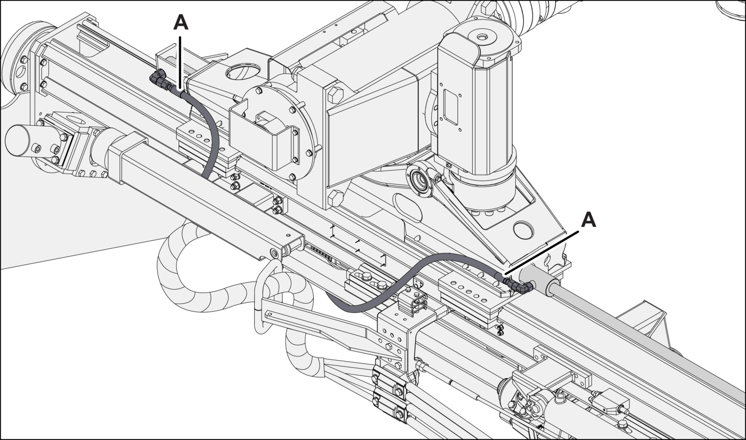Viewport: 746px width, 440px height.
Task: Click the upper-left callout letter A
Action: [x=181, y=23]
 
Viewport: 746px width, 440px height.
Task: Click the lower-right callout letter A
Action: [x=588, y=220]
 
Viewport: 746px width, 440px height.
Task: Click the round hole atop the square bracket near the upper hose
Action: [x=242, y=71]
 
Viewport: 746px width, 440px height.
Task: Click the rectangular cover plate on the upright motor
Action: [x=451, y=107]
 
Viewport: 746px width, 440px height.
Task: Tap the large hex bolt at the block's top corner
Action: [x=335, y=95]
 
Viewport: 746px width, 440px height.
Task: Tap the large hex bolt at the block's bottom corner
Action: [x=335, y=198]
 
